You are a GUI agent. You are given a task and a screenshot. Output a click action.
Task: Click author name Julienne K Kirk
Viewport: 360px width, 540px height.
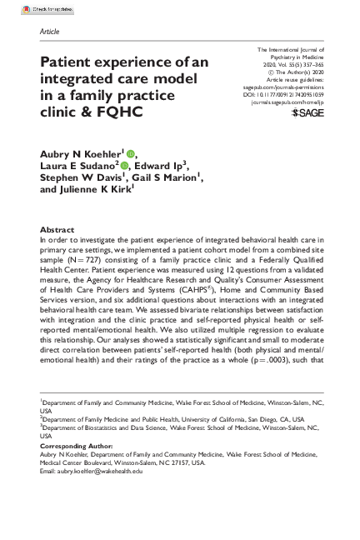(97, 189)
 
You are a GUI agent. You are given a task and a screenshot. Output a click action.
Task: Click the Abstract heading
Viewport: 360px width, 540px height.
(58, 230)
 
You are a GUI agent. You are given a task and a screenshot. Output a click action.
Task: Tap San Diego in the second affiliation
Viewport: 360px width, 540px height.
(233, 418)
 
